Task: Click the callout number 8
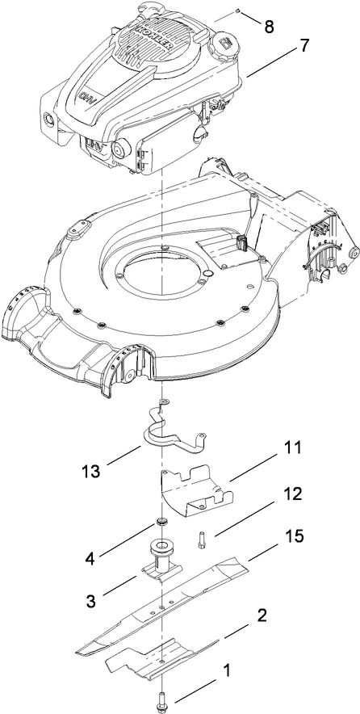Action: [x=269, y=27]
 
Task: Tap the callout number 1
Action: [x=228, y=669]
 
